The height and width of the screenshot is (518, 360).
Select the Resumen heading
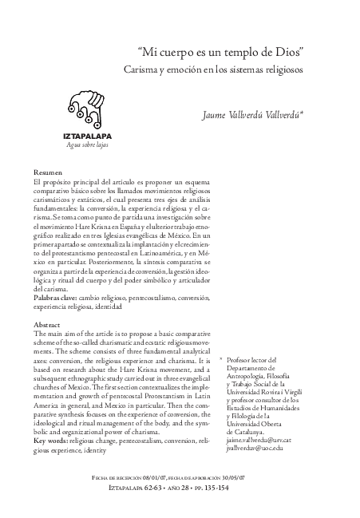[49, 173]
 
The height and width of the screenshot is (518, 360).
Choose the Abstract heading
[48, 326]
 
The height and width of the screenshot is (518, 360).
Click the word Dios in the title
[295, 51]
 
